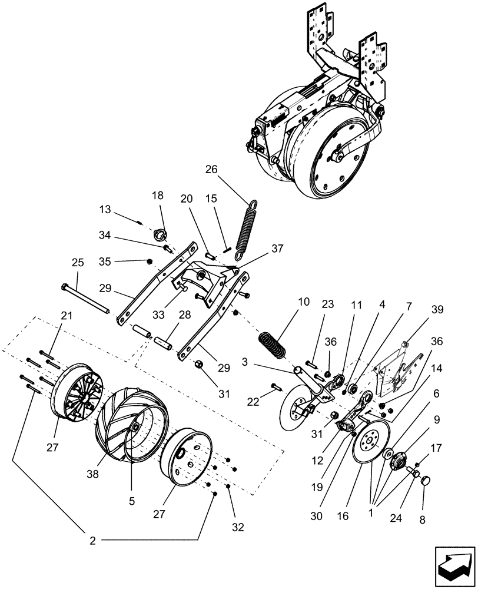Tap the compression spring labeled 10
tap(273, 343)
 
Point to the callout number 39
tap(437, 310)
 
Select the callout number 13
tap(105, 209)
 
